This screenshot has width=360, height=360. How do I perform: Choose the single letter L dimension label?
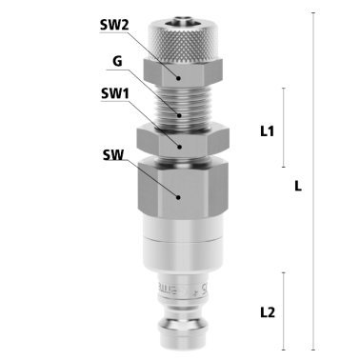(298, 187)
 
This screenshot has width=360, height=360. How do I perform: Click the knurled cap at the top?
(183, 39)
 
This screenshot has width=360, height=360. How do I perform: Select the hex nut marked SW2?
(181, 70)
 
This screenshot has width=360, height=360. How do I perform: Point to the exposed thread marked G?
(181, 108)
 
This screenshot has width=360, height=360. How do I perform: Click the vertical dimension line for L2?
(283, 312)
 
